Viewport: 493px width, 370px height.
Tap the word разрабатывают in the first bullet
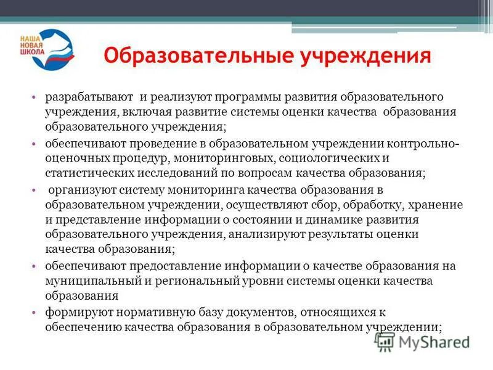[x=88, y=97]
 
